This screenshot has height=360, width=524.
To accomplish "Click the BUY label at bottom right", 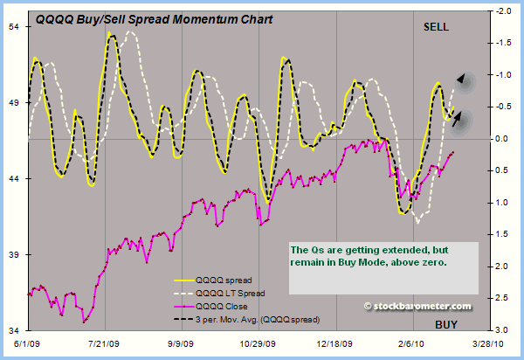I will (446, 325).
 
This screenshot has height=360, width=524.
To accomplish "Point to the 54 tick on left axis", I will (15, 27).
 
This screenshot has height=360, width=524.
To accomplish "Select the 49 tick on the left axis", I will (15, 103).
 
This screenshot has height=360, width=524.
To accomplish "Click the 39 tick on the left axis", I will (15, 255).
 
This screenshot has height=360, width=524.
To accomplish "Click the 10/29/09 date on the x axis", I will (262, 345).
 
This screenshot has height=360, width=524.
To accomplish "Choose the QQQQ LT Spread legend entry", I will (230, 293).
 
